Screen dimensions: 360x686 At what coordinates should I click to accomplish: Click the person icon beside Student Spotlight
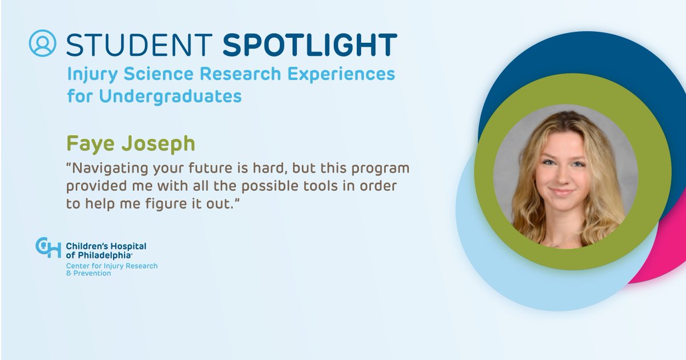43,43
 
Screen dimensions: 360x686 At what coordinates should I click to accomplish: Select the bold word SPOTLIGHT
309,45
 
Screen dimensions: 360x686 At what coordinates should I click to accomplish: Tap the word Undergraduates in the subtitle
170,96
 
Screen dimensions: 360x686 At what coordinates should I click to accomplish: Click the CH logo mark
48,247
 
